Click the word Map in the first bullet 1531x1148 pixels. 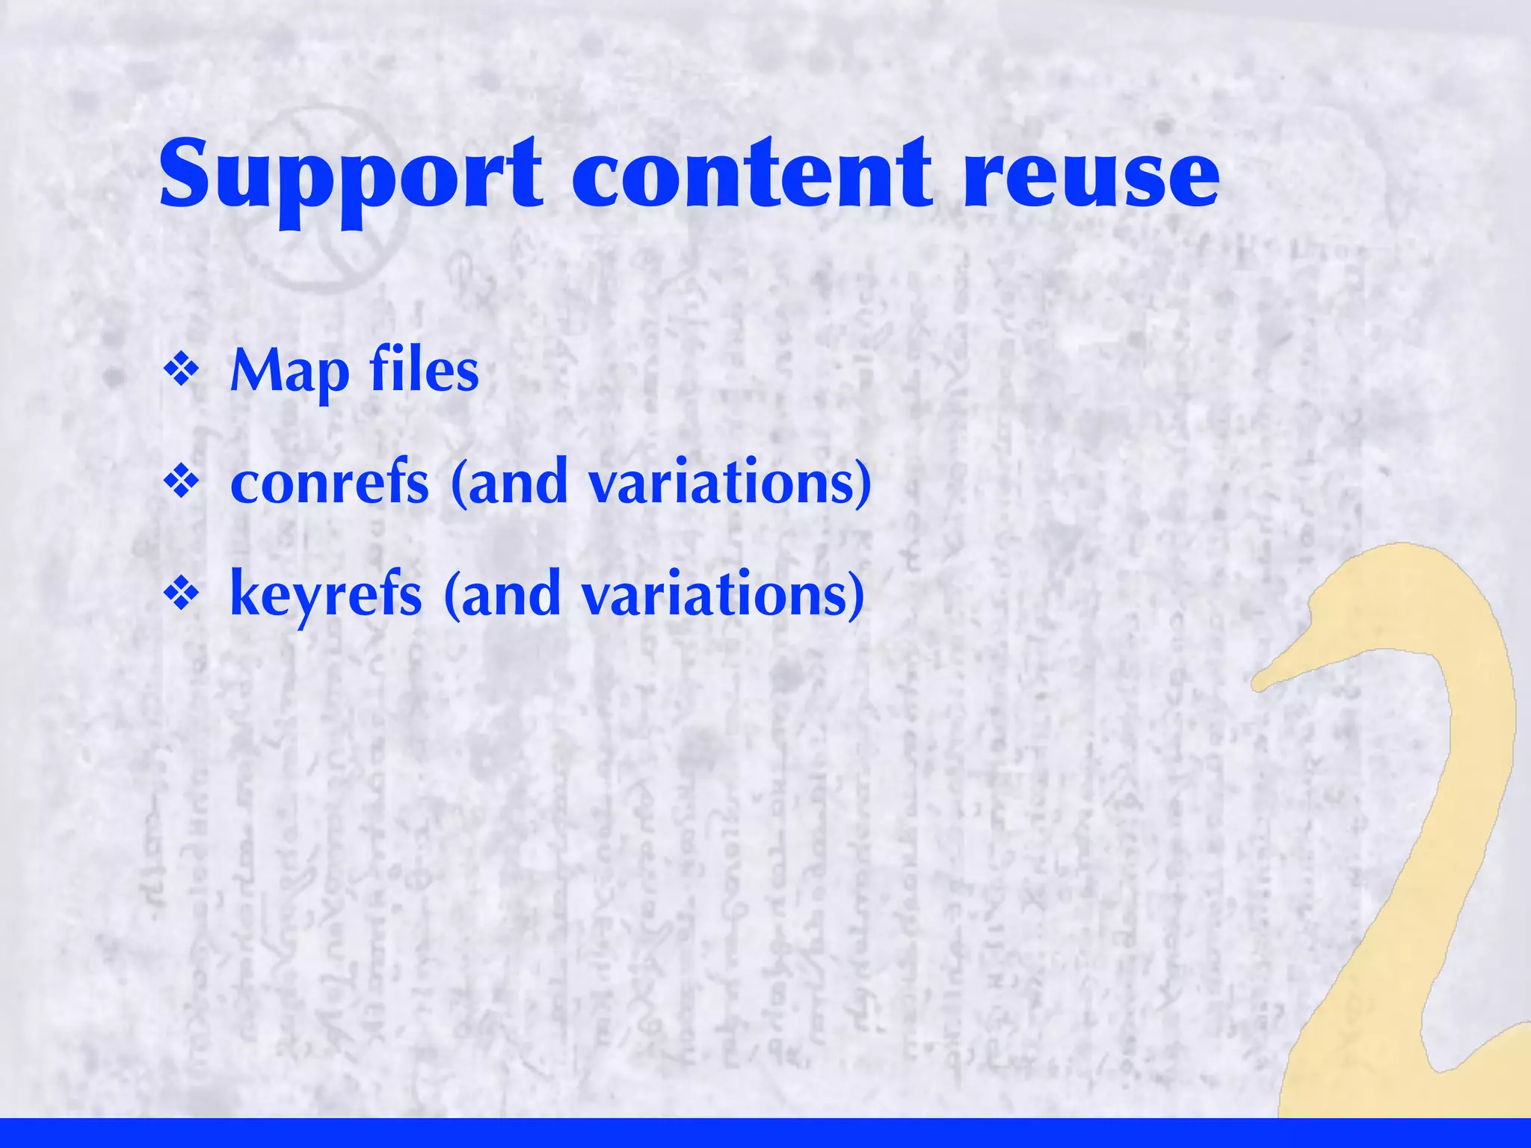pos(290,371)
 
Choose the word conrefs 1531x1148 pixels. pos(330,482)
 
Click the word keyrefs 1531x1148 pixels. pos(326,593)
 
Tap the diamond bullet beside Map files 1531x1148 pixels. pos(182,371)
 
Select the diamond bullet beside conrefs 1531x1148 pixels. pos(182,482)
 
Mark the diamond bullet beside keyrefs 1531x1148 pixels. pos(182,593)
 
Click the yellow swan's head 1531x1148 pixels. pos(1390,598)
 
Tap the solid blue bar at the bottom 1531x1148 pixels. pos(765,1133)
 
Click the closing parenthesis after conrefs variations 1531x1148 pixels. pos(863,484)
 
